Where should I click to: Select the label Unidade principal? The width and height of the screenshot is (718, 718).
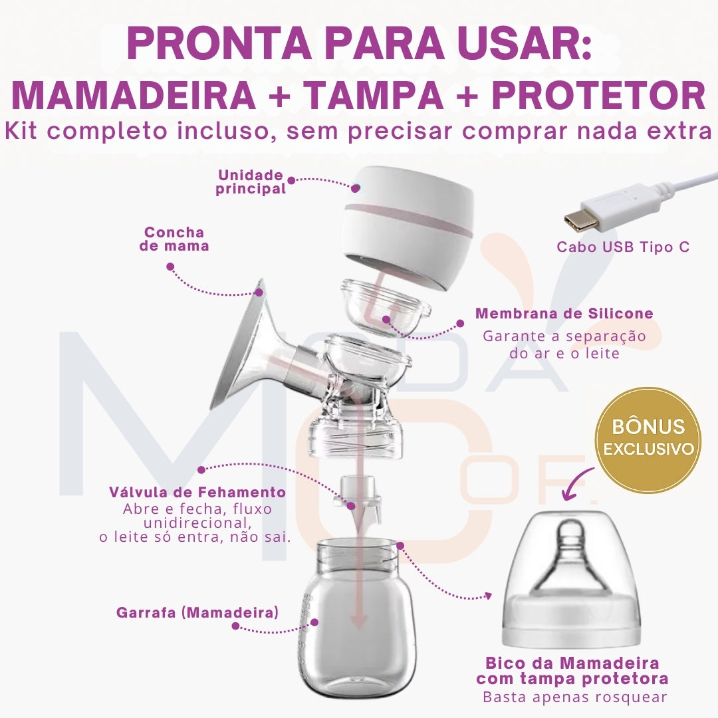[251, 182]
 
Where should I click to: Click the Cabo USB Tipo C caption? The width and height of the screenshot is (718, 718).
[623, 247]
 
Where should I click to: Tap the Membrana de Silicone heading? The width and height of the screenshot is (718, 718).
[564, 313]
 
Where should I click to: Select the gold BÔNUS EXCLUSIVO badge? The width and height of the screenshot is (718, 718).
[647, 439]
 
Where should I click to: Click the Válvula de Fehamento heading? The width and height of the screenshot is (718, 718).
[197, 493]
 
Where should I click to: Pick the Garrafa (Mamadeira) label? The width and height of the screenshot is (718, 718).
[197, 612]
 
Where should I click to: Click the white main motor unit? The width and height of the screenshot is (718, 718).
[409, 226]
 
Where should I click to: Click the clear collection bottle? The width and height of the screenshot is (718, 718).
[359, 618]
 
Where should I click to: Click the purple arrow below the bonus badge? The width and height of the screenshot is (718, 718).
[578, 483]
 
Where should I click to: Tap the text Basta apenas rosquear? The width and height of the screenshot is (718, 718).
[574, 697]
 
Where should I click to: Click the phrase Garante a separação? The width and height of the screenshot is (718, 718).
[564, 336]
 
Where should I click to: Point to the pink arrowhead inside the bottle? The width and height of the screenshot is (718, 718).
[359, 621]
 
